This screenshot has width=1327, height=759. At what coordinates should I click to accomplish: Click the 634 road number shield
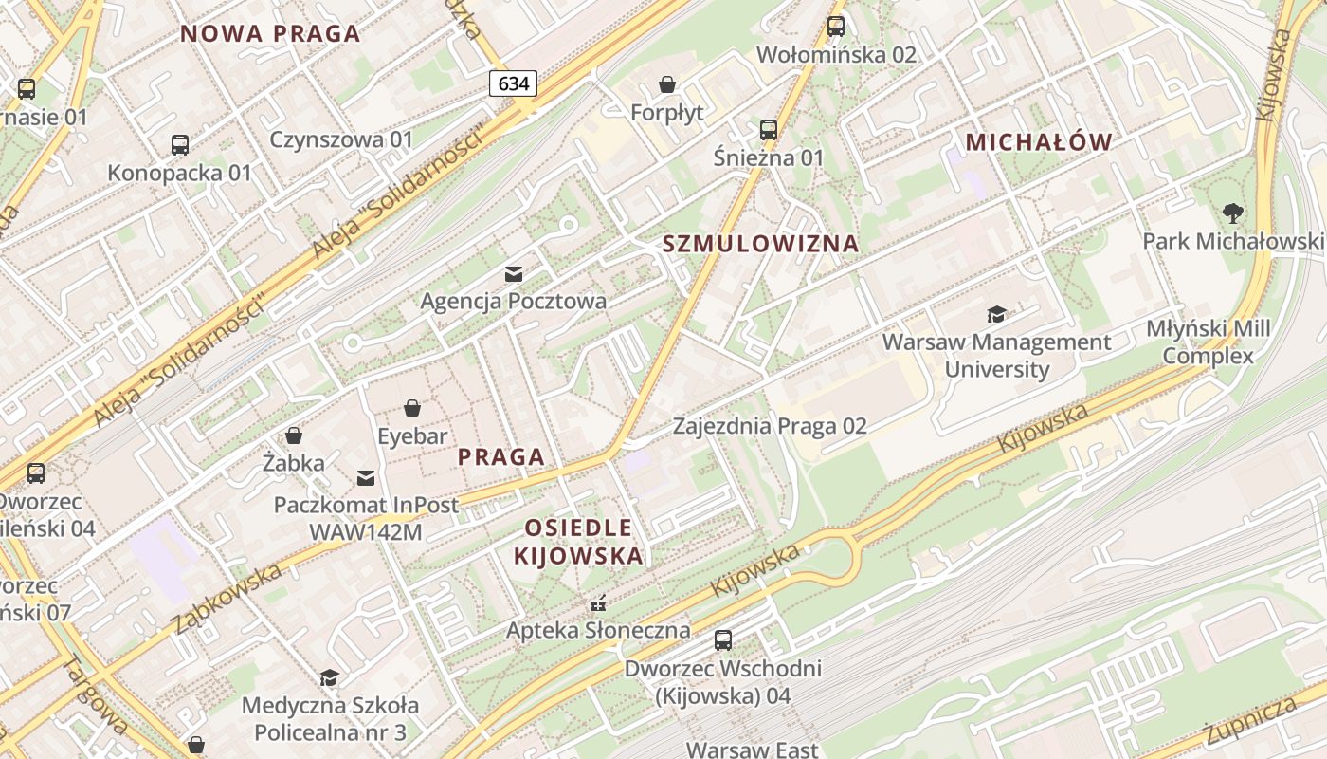click(514, 83)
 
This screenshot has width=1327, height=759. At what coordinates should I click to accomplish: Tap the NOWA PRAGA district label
click(270, 34)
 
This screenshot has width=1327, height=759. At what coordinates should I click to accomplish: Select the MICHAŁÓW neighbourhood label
click(1038, 142)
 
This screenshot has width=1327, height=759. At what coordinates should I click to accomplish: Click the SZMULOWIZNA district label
click(760, 244)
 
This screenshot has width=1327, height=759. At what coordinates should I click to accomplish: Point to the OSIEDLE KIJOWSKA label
click(578, 542)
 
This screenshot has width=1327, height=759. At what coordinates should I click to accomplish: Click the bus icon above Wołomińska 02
click(835, 27)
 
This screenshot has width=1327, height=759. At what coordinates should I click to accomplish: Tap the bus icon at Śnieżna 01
click(768, 130)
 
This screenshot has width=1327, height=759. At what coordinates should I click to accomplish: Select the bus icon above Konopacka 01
click(179, 145)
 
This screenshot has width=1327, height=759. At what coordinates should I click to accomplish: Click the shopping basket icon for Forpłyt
click(667, 84)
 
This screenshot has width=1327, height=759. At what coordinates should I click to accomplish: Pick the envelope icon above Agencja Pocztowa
click(514, 274)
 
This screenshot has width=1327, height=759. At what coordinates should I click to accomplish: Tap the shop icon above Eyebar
click(412, 409)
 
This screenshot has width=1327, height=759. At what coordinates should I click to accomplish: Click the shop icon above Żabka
click(294, 435)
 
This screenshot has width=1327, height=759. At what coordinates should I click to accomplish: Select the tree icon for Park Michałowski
click(1232, 213)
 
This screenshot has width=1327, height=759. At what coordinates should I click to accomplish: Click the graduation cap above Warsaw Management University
click(996, 314)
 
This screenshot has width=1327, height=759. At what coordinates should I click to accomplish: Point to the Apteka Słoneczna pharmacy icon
click(597, 602)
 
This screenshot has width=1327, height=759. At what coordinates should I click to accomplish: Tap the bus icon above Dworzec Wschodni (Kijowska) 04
click(723, 640)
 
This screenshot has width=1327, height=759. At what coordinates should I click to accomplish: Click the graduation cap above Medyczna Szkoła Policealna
click(329, 677)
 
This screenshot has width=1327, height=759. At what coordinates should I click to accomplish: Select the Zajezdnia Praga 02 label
click(770, 426)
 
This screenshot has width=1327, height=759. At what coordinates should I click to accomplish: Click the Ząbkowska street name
click(227, 598)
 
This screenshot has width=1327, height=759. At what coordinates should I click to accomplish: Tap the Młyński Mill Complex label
click(1208, 342)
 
